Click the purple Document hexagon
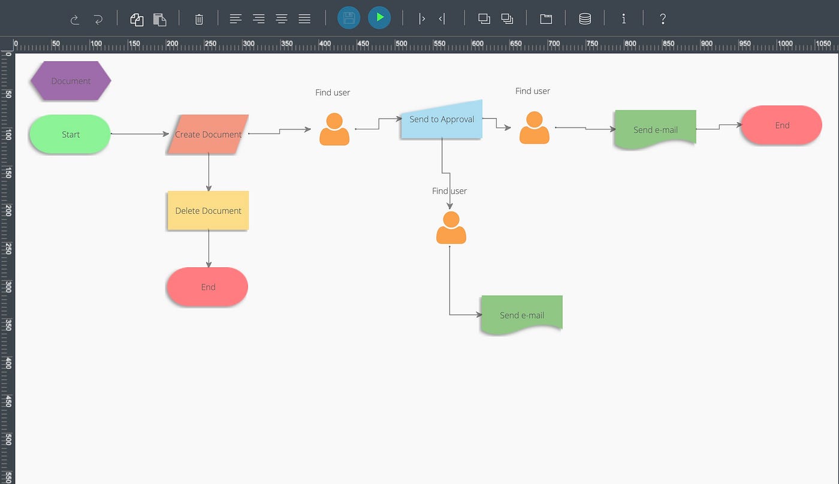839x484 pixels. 71,81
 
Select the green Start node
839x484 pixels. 70,134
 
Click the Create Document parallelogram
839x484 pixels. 208,134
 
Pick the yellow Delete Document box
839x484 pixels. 208,211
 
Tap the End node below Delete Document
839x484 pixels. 207,287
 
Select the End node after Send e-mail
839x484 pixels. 781,125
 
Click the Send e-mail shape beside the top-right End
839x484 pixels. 655,129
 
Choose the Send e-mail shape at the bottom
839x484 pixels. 521,314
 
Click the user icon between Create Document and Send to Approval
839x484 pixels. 334,129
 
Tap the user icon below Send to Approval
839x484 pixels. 451,228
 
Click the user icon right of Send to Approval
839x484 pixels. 534,128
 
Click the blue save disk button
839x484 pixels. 349,18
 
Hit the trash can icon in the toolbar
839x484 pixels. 199,19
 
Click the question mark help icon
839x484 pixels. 662,19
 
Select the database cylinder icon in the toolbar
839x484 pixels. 585,19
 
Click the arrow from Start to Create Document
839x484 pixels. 139,134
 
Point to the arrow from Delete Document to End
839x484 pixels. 209,248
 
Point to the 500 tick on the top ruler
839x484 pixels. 401,45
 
